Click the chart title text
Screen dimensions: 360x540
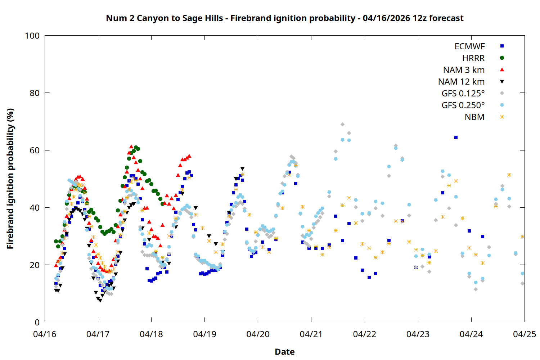point(284,18)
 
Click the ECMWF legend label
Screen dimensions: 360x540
point(469,46)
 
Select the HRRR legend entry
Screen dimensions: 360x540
point(473,58)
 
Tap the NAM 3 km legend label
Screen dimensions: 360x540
point(464,70)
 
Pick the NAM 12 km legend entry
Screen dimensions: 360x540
point(461,82)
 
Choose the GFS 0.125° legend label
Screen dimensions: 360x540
point(463,94)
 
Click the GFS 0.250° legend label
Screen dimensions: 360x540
point(463,105)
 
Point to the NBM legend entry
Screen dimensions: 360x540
point(474,117)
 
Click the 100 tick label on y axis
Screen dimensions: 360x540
point(32,36)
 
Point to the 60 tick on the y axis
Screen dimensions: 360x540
point(35,150)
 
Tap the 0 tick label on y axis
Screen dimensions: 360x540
point(37,322)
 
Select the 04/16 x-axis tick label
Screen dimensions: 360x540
point(45,334)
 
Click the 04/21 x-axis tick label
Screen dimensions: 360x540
point(311,334)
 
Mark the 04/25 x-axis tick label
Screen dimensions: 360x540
point(524,334)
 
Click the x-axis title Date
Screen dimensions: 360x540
point(284,352)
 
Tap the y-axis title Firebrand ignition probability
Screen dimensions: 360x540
point(10,179)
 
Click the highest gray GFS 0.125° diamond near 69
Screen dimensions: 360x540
point(342,125)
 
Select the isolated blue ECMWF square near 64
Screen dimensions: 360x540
point(456,137)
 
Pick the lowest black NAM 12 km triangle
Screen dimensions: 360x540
point(100,300)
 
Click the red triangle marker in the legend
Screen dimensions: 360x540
point(502,70)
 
